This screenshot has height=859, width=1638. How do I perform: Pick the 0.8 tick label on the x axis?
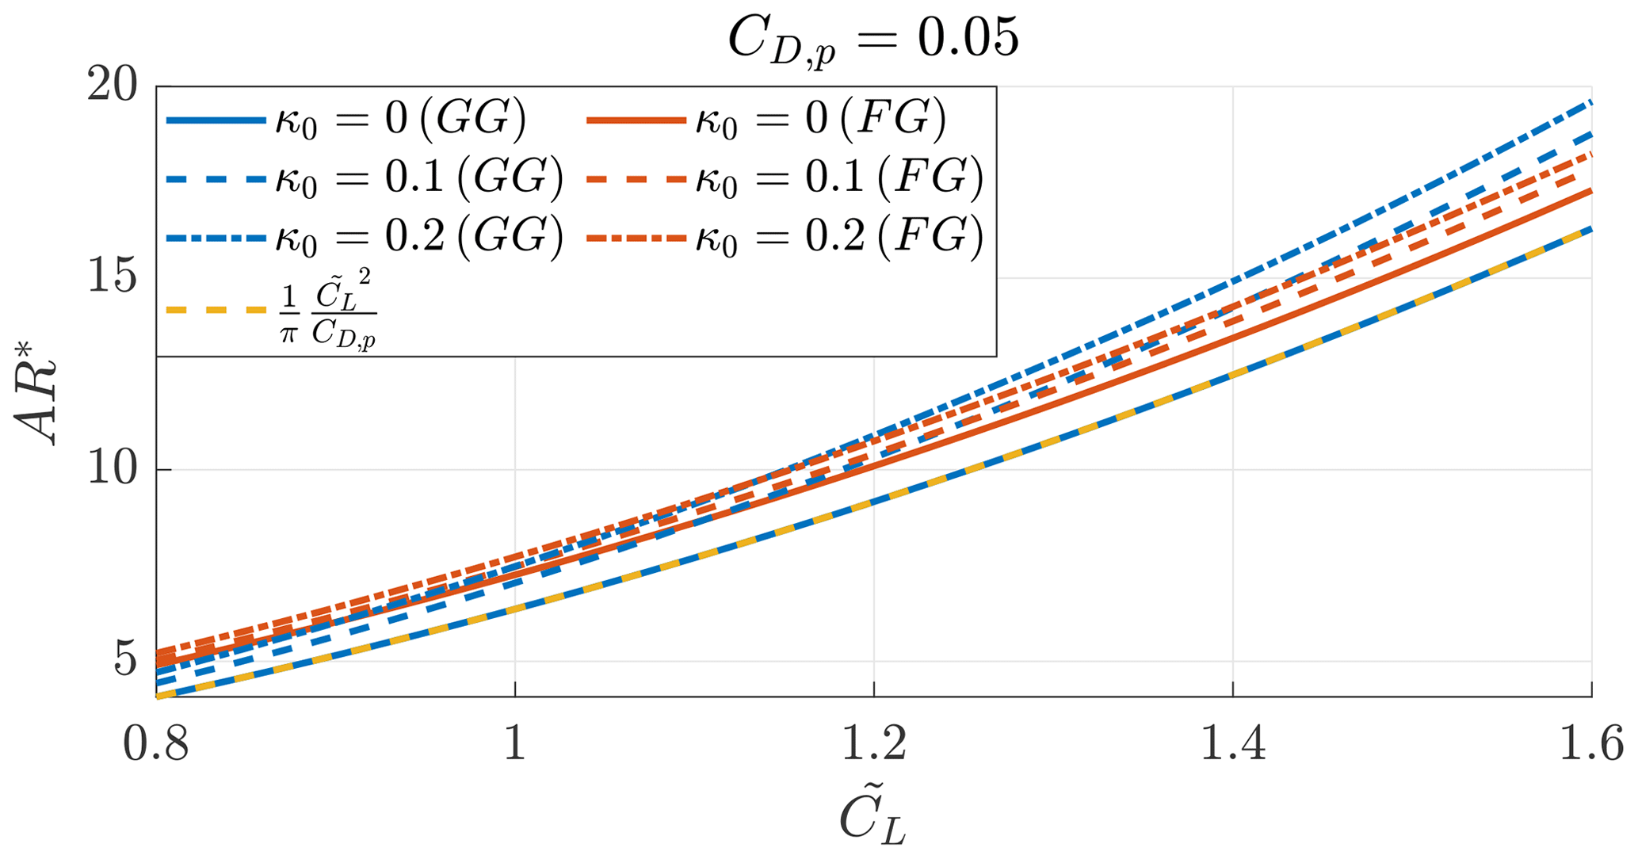[156, 745]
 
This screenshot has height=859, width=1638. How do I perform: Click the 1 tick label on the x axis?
[515, 745]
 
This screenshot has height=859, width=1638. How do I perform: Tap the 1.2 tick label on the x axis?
[873, 745]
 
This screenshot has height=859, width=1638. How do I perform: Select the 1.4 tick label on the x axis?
[1232, 745]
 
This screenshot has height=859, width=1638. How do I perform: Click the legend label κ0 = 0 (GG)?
[400, 120]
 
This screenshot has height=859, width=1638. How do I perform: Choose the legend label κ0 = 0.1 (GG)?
[418, 179]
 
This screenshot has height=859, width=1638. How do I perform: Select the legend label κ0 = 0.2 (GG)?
[418, 237]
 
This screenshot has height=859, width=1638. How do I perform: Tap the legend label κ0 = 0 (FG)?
[820, 120]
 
